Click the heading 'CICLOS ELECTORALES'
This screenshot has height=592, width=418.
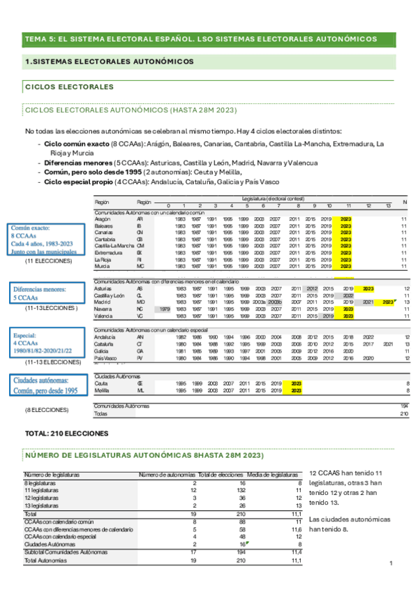coord(68,87)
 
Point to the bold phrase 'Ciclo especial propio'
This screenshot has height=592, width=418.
coord(80,181)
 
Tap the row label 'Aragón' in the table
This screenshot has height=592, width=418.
coord(102,219)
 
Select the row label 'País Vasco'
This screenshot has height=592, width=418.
coord(105,358)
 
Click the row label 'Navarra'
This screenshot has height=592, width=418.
coord(103,309)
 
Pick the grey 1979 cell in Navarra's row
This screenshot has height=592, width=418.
coord(165,309)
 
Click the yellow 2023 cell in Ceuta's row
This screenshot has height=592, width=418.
coord(296,383)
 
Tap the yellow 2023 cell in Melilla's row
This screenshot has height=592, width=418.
coord(296,390)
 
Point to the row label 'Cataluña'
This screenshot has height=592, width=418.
coord(104,344)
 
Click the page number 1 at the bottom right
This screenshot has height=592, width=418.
coord(391,563)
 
